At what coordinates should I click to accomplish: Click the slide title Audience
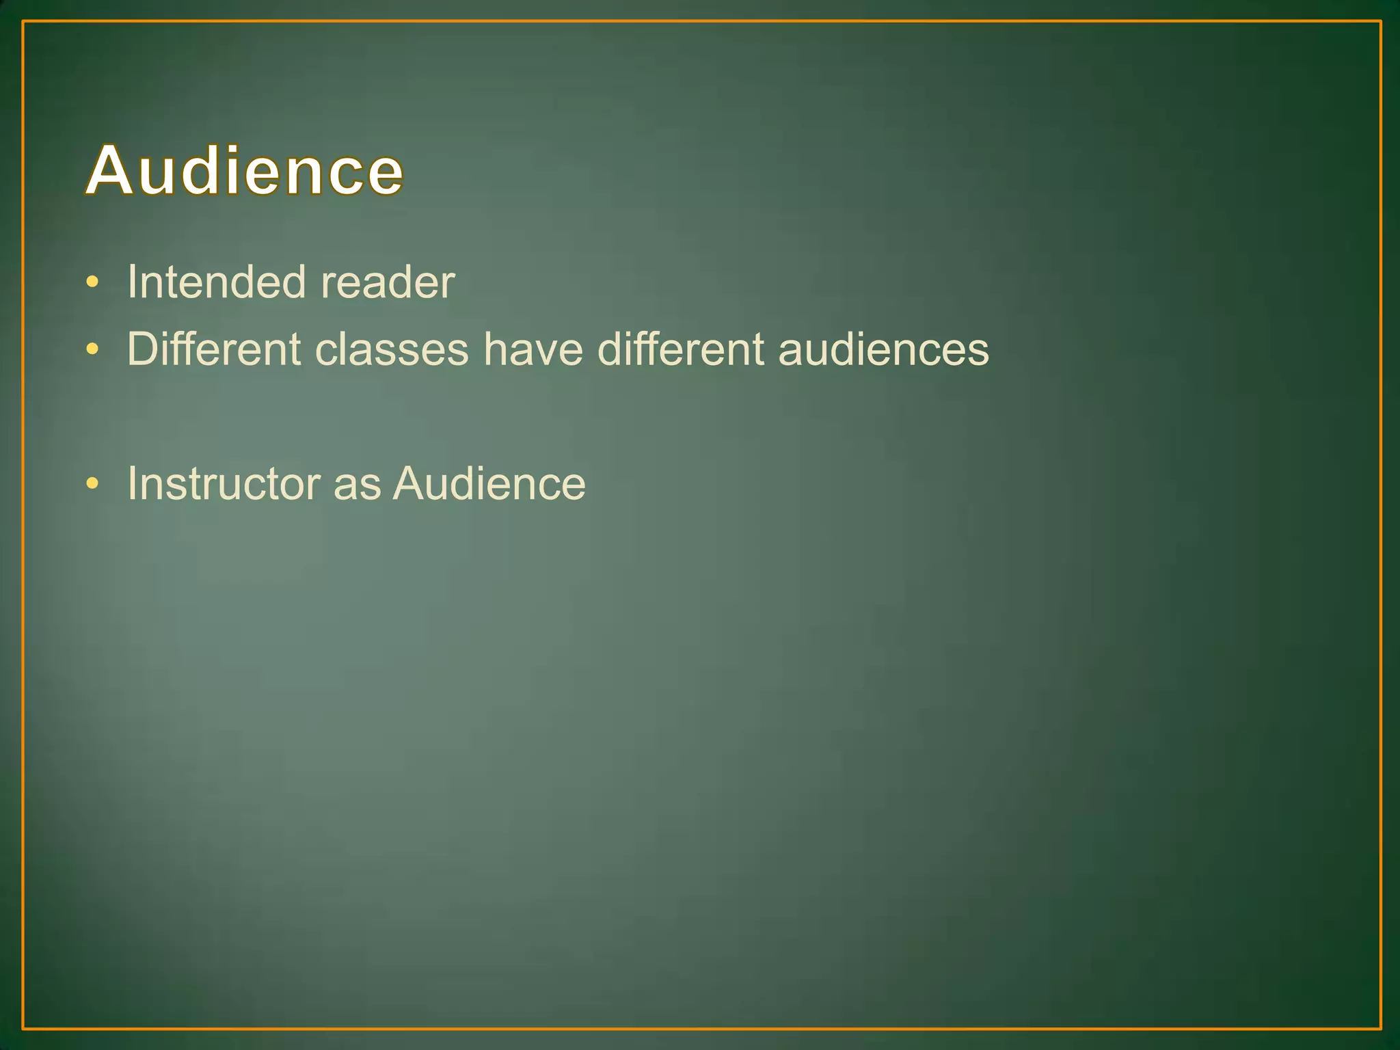[x=245, y=170]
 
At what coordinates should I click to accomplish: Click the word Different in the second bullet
[x=214, y=349]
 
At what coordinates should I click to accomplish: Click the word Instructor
[x=224, y=483]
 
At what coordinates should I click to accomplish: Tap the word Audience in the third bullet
[x=489, y=483]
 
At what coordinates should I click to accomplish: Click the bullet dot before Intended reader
[x=93, y=282]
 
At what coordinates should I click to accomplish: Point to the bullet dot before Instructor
[x=93, y=484]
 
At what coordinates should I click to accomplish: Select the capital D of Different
[x=144, y=349]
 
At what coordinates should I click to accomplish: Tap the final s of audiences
[x=978, y=351]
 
